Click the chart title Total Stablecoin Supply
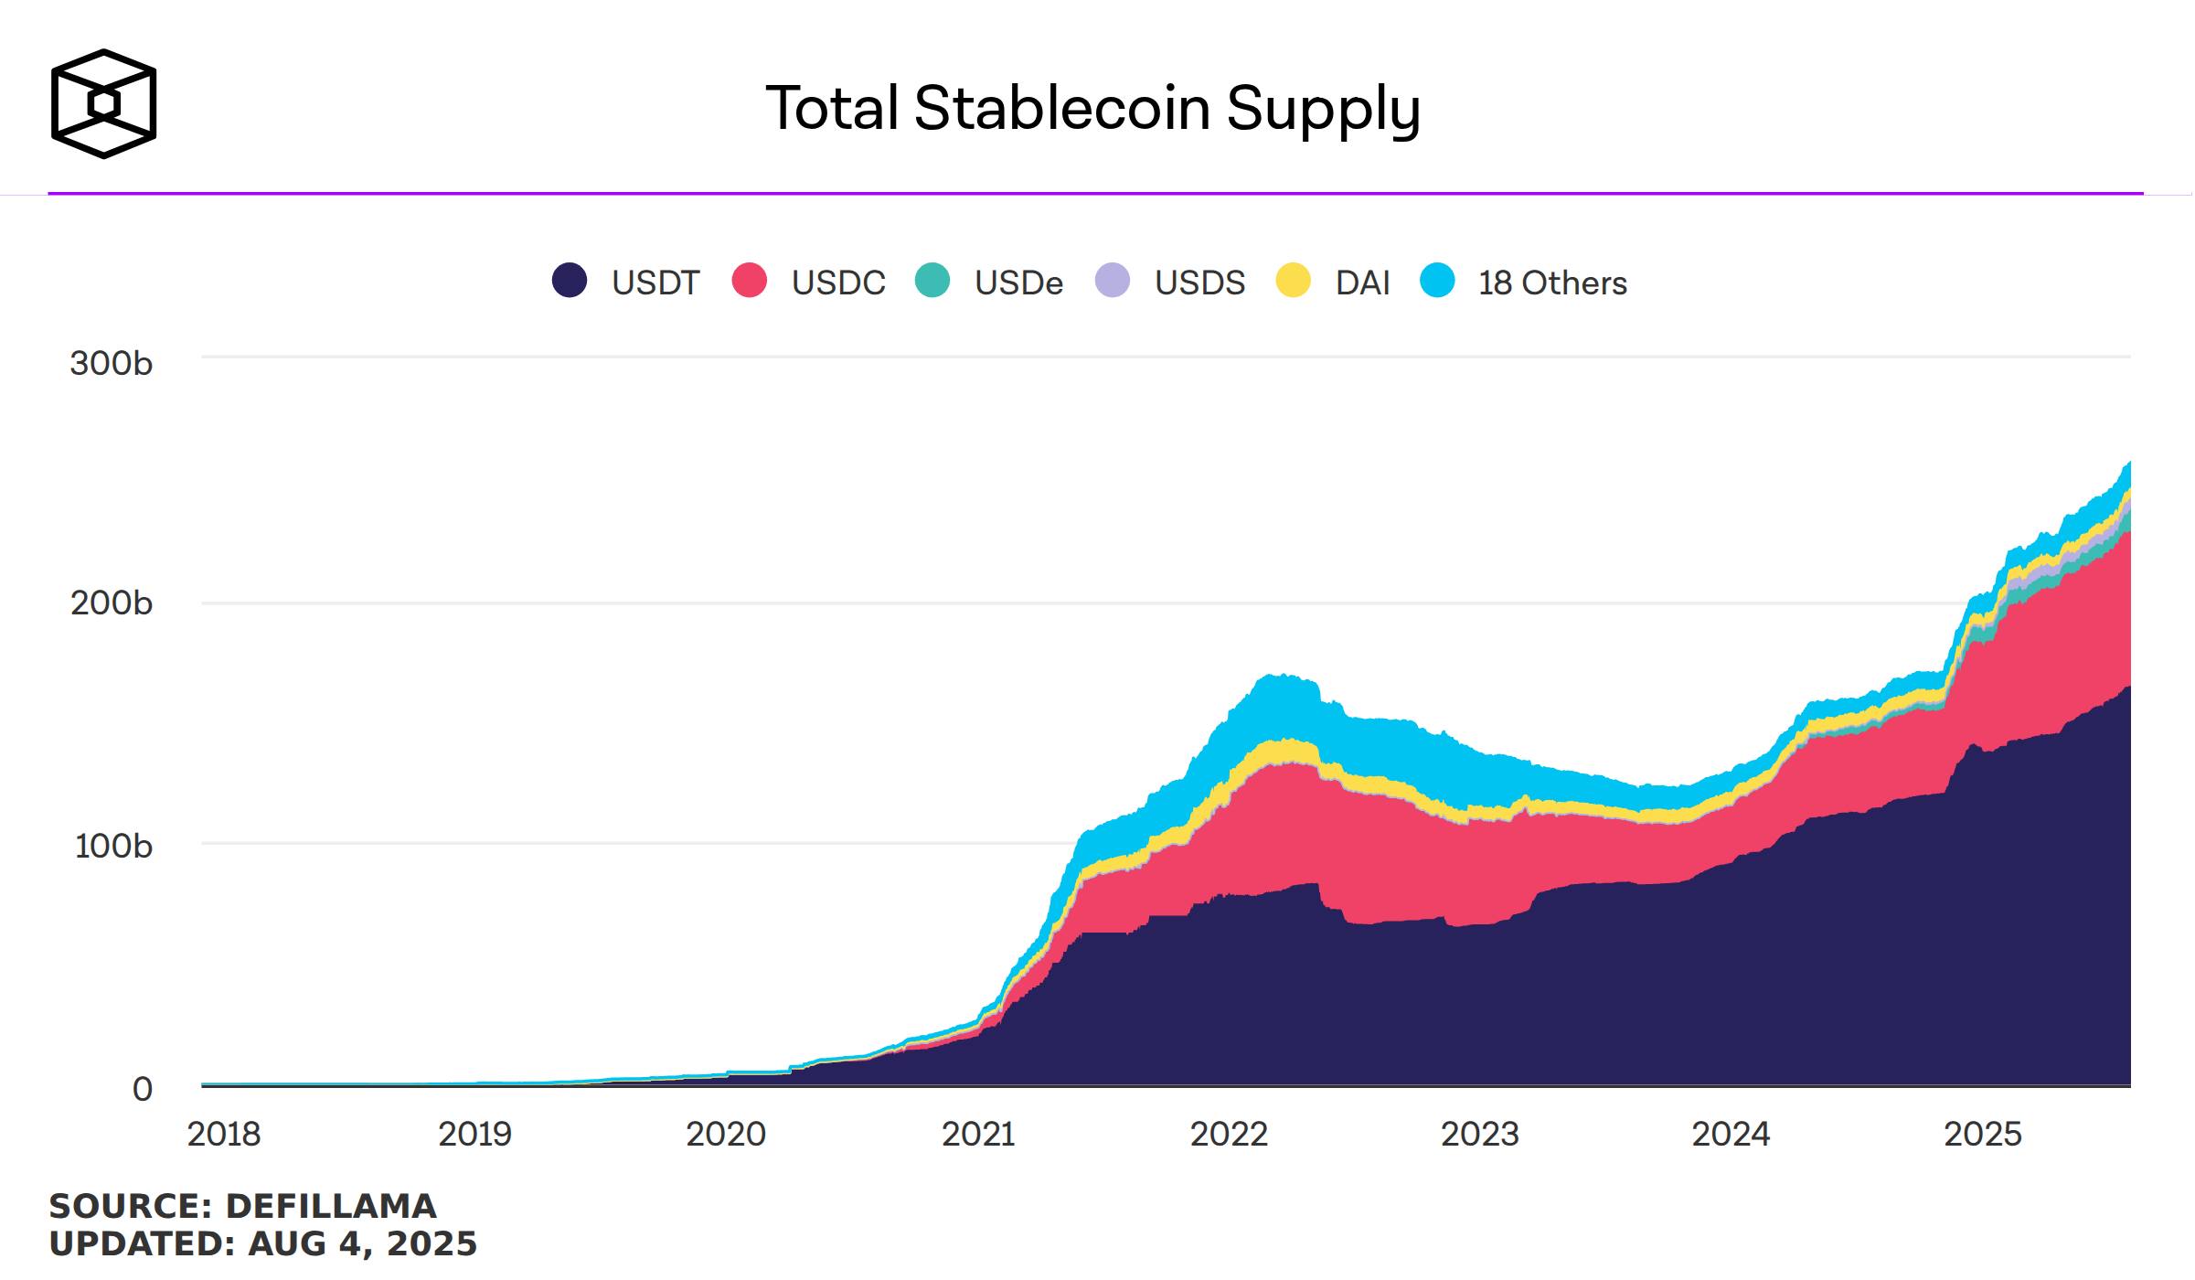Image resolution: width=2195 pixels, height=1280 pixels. click(x=1092, y=109)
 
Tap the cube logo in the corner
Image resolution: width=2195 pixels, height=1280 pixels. click(x=103, y=103)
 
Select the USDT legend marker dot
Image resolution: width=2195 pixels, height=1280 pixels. click(x=570, y=280)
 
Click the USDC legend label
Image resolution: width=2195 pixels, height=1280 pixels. click(x=838, y=283)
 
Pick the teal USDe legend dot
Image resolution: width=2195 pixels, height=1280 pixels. click(x=932, y=280)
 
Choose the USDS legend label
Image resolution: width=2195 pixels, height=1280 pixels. click(x=1199, y=283)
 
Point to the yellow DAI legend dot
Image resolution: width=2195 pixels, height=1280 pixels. click(x=1293, y=280)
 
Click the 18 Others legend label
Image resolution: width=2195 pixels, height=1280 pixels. click(x=1552, y=283)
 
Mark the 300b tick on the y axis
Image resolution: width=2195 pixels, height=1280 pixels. click(x=111, y=364)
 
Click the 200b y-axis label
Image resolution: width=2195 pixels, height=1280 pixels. click(x=111, y=603)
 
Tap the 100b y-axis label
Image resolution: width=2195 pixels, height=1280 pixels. click(x=112, y=846)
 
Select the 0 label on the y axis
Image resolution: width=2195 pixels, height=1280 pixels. click(x=143, y=1089)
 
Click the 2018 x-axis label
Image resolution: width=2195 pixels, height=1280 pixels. click(x=224, y=1135)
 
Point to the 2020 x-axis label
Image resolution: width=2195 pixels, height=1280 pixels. click(x=726, y=1135)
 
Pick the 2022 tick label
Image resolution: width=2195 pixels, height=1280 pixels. click(x=1229, y=1135)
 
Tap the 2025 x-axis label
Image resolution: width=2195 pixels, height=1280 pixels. click(x=1982, y=1135)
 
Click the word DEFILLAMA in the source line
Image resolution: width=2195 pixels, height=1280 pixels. click(x=331, y=1207)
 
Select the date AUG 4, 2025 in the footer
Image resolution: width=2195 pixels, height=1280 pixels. click(x=362, y=1244)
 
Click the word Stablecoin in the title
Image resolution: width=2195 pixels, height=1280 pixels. click(x=1062, y=109)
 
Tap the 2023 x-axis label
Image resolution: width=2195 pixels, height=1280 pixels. click(x=1479, y=1135)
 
